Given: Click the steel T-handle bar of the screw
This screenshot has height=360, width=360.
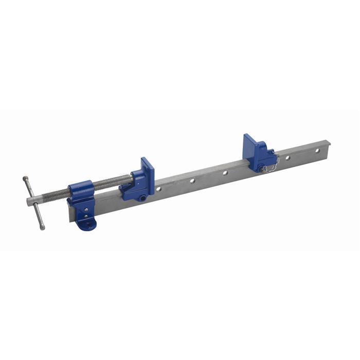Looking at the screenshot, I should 33,203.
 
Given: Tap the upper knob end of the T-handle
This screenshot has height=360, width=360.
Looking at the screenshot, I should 25,179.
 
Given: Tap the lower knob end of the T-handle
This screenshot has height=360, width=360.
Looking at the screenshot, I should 42,227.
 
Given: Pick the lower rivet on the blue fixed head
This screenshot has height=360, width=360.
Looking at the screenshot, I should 86,216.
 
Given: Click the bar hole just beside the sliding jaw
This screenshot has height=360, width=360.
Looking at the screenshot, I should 158,189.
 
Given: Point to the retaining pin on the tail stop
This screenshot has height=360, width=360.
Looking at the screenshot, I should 262,167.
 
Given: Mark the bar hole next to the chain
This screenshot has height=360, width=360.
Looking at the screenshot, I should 287,157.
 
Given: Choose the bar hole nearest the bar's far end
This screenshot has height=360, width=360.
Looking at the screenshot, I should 317,150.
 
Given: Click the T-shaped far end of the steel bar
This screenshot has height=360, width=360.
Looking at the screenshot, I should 327,146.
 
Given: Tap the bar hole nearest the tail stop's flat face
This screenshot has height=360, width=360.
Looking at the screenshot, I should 225,173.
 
